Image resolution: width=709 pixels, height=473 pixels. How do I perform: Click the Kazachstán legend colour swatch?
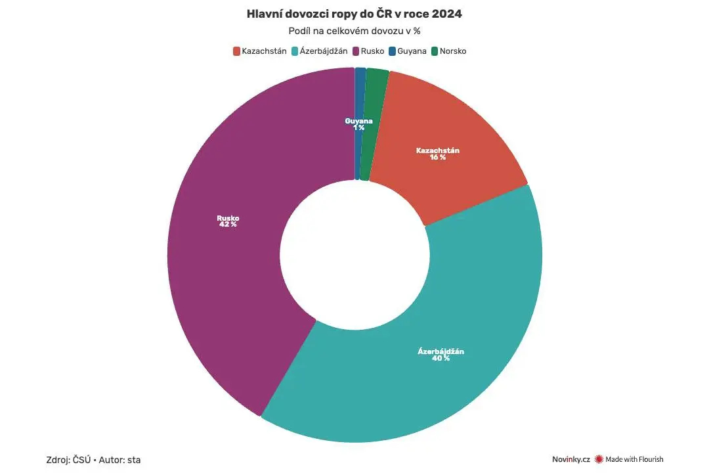click(x=236, y=51)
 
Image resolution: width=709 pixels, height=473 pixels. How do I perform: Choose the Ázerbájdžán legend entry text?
click(x=324, y=51)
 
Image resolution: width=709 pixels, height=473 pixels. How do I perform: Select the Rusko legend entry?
click(x=368, y=51)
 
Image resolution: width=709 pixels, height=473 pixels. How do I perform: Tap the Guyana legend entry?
click(x=408, y=51)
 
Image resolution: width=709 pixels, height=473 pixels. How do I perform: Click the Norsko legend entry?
click(x=448, y=51)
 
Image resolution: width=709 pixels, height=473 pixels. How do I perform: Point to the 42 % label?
click(x=228, y=225)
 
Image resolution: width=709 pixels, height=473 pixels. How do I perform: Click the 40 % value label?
click(x=441, y=358)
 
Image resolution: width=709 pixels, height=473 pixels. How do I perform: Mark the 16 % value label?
click(x=438, y=157)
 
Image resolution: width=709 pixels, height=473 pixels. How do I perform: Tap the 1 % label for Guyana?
click(x=359, y=127)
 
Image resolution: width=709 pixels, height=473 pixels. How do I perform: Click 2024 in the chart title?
click(x=447, y=14)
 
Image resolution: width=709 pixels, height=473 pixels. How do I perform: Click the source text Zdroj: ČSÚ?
click(x=68, y=460)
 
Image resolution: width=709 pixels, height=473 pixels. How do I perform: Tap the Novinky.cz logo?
click(x=571, y=459)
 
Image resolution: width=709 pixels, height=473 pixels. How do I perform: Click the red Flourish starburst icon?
click(x=599, y=459)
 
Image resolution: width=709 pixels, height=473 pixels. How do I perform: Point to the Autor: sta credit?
click(x=120, y=460)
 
